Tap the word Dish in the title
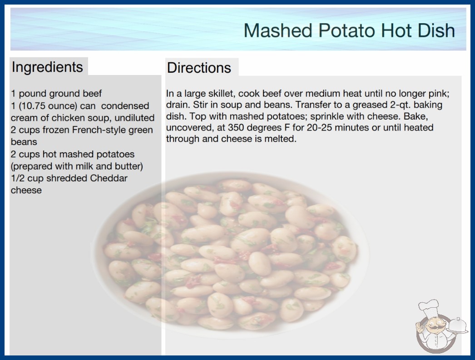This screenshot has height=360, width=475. click(x=436, y=30)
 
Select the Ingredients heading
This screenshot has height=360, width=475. click(x=47, y=67)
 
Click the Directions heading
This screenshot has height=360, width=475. click(x=199, y=68)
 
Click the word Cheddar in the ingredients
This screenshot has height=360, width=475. click(x=109, y=178)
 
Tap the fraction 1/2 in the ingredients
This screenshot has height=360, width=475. click(x=18, y=178)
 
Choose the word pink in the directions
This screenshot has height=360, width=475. click(x=439, y=94)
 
